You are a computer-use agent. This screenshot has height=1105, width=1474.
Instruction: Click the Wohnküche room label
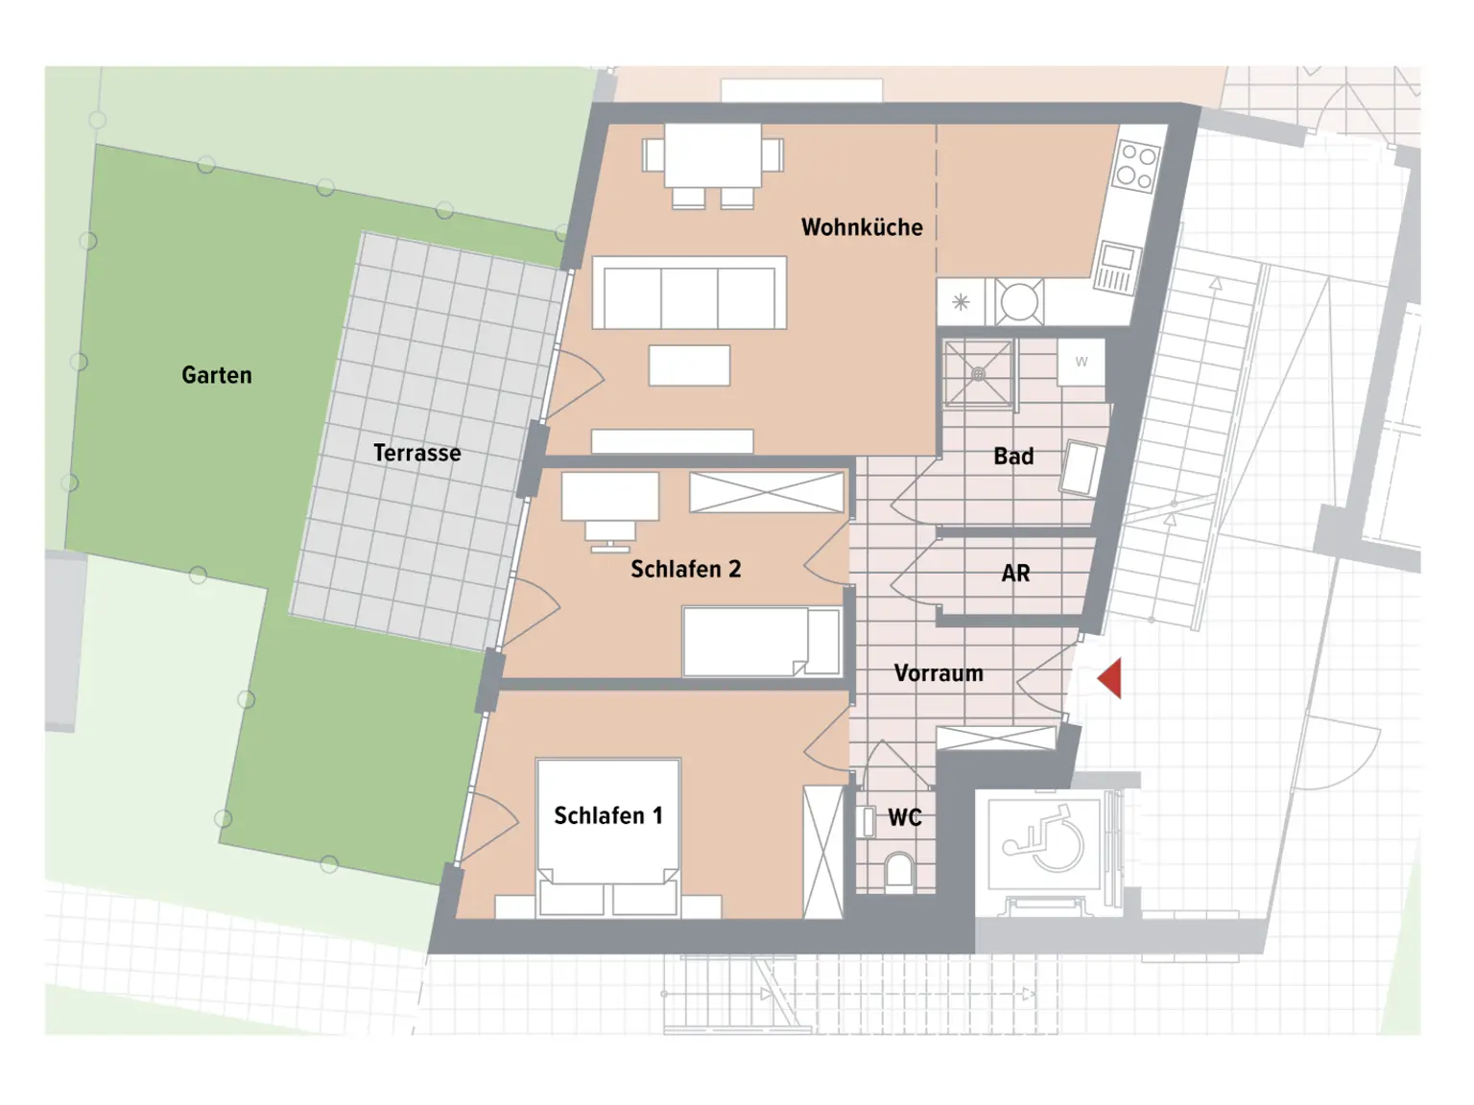point(861,227)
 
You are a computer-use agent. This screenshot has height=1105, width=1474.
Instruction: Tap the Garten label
point(217,375)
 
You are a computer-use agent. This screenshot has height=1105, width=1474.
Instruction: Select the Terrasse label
point(416,453)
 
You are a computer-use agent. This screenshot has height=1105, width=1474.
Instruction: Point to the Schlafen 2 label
point(685,569)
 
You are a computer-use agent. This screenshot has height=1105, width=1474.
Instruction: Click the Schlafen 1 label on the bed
point(607,815)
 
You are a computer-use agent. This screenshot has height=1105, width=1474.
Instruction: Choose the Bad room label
point(1013,457)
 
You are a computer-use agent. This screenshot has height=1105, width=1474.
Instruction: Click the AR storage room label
point(1015,574)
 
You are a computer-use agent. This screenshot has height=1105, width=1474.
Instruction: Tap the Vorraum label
point(939,673)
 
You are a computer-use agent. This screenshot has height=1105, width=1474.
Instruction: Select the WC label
point(904,817)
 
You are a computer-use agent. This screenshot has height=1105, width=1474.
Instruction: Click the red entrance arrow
point(1110,679)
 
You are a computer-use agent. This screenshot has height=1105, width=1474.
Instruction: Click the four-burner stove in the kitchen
point(1136,167)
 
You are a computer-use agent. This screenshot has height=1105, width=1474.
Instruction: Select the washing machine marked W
point(1082,363)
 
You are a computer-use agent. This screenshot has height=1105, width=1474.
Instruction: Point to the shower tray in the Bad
point(978,374)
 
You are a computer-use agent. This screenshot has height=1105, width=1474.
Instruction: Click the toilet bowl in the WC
point(899,871)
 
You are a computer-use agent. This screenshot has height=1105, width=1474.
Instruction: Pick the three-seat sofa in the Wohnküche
point(689,294)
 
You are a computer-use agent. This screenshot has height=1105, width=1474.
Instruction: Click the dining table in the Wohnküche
point(713,155)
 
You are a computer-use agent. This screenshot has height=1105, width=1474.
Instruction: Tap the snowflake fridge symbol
point(961,303)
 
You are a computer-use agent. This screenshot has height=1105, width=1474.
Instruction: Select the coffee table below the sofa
point(689,365)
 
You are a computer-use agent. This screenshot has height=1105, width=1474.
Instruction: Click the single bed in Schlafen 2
point(761,642)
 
